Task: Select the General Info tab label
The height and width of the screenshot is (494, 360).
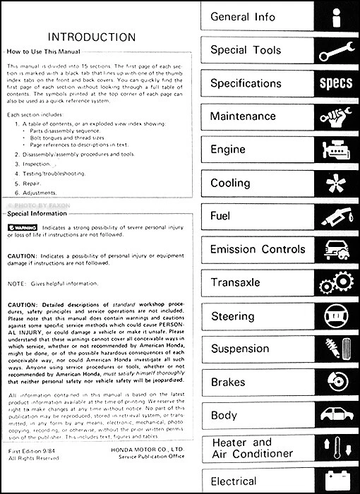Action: click(x=242, y=17)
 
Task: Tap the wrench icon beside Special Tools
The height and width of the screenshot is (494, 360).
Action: click(x=335, y=51)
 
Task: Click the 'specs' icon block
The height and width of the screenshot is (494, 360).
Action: click(x=335, y=84)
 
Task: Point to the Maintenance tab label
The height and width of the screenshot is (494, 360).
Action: click(x=244, y=116)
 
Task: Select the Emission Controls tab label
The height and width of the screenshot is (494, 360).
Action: click(x=258, y=249)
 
